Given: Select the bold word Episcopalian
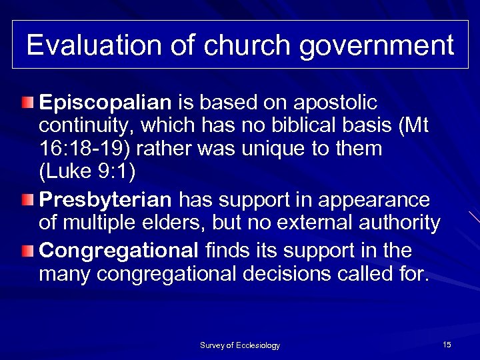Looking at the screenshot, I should tap(106, 104).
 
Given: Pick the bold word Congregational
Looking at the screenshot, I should tap(119, 251).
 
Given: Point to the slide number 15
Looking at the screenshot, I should tap(447, 344).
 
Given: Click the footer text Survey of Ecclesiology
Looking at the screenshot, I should tap(240, 345).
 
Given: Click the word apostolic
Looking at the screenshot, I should tap(339, 104).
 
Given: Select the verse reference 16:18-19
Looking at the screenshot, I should tap(85, 148).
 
